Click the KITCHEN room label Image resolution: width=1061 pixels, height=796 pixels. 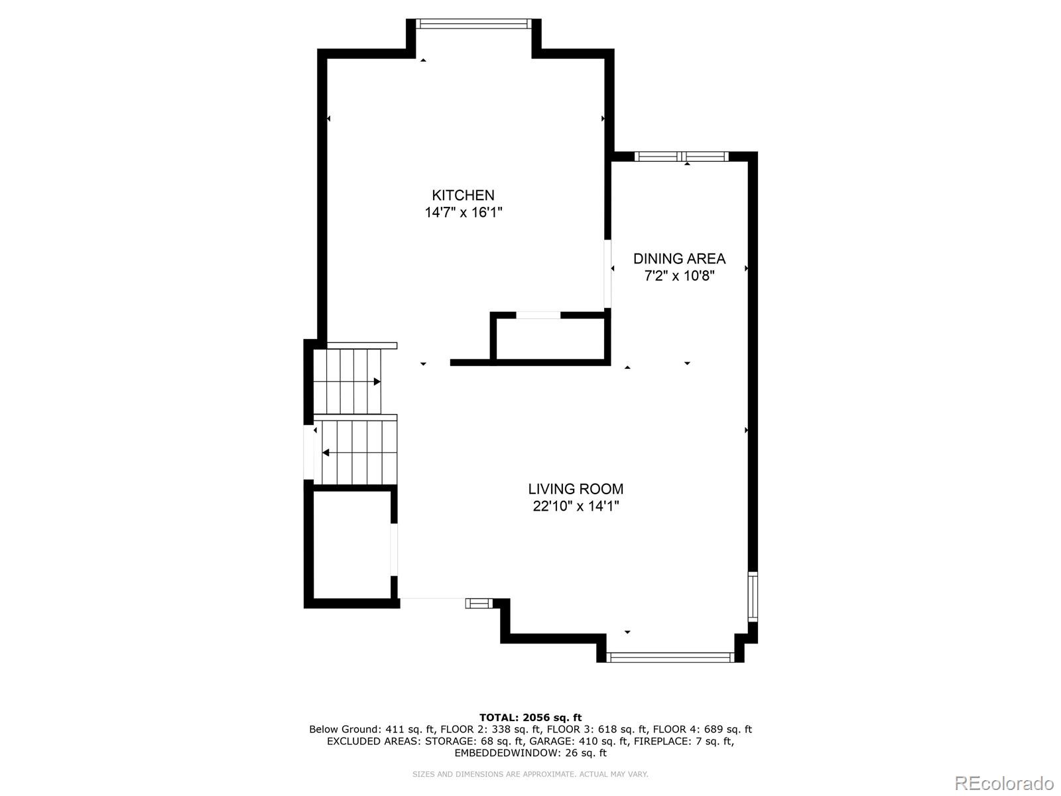tap(463, 195)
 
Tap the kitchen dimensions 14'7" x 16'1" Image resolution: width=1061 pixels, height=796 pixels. tap(464, 213)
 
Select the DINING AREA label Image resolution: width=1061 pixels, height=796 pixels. tap(679, 259)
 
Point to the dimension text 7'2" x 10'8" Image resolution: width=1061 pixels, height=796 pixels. tap(679, 276)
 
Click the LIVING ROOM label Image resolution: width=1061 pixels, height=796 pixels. tap(576, 489)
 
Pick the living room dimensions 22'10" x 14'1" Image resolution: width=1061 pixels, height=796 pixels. tap(576, 506)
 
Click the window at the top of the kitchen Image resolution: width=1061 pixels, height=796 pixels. tap(473, 24)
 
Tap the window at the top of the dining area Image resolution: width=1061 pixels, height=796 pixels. tap(681, 157)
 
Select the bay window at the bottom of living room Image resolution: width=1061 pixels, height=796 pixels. tap(670, 657)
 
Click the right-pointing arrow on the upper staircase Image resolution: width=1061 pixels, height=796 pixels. tap(377, 381)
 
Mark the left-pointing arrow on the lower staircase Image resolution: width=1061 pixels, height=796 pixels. tap(326, 453)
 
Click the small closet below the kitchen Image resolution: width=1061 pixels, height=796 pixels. tap(550, 339)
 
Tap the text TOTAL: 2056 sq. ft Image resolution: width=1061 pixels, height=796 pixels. tap(530, 717)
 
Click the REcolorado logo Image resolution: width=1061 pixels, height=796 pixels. tap(1003, 783)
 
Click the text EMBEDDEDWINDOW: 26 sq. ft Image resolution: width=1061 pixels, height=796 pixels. tap(530, 753)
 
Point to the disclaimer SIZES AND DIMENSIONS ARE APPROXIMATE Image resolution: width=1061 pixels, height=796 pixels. tap(530, 774)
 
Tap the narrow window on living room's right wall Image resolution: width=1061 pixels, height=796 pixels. tap(753, 596)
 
